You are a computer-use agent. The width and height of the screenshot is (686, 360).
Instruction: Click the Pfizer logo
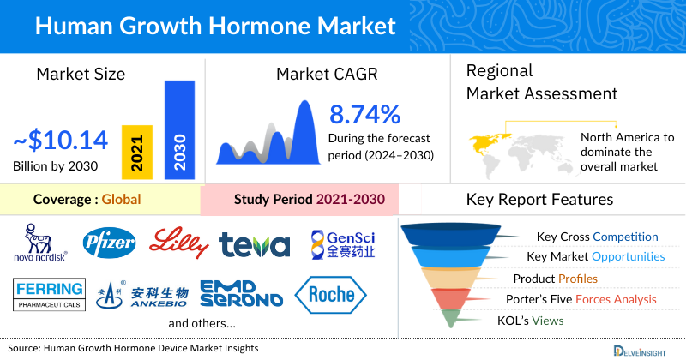click(x=109, y=243)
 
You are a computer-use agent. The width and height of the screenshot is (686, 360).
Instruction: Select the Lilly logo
click(x=179, y=243)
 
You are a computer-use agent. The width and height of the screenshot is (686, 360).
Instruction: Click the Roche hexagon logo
click(x=331, y=294)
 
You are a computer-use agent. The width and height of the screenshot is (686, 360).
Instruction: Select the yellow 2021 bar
click(x=135, y=153)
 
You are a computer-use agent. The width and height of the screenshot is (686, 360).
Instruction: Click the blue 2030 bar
click(x=178, y=130)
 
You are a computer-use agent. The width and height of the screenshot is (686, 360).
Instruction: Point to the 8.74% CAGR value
click(x=365, y=114)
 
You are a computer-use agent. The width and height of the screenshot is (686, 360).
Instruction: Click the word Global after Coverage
click(x=121, y=201)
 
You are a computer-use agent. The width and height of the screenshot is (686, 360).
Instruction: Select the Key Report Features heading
click(x=539, y=200)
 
